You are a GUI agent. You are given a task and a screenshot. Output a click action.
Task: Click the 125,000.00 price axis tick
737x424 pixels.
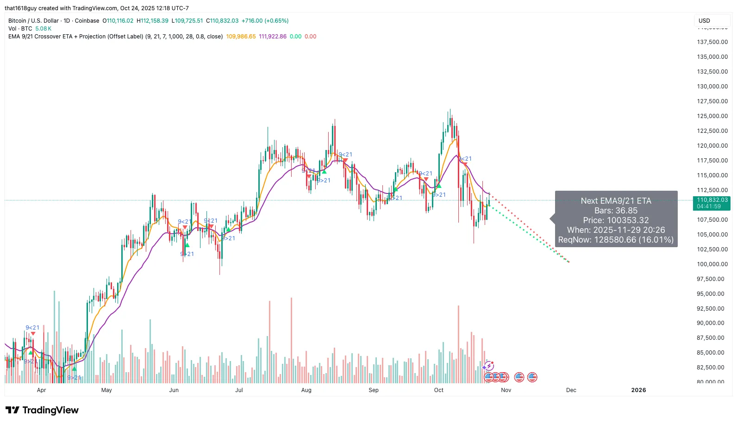[712, 116]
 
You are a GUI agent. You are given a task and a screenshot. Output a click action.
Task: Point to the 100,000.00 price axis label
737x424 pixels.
[712, 264]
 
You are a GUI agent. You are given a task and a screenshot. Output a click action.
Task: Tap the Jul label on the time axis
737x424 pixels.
[239, 390]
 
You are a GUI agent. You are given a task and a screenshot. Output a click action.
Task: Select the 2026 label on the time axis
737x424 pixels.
[638, 390]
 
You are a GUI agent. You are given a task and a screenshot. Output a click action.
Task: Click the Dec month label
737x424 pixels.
[571, 390]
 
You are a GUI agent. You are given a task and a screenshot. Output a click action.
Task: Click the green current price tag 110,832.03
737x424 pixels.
[712, 200]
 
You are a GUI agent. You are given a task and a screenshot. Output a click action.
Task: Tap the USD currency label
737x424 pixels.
[704, 21]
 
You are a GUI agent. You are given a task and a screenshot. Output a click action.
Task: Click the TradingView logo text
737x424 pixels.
[50, 411]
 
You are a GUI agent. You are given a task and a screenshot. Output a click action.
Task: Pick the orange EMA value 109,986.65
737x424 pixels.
[241, 37]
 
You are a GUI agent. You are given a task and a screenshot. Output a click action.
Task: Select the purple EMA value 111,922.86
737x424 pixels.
[273, 37]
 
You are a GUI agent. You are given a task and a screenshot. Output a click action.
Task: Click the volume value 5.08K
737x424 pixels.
[44, 29]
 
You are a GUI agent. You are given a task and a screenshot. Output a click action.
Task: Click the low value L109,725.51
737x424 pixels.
[187, 21]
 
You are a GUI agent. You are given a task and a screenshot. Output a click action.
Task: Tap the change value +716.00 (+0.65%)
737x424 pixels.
[265, 21]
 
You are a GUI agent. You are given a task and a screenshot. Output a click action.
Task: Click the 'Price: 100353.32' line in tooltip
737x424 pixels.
[616, 220]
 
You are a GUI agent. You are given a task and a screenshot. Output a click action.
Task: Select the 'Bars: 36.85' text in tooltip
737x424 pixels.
[616, 211]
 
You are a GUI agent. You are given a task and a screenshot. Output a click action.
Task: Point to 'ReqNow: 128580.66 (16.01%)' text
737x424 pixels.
[616, 240]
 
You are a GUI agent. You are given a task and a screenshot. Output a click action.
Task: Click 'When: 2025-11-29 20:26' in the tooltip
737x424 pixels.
[616, 230]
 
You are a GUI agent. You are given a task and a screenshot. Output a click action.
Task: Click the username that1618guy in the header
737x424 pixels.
[20, 8]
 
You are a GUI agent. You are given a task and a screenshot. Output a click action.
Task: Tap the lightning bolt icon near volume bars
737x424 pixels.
[489, 367]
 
